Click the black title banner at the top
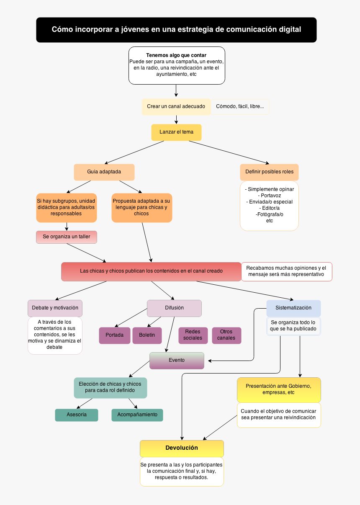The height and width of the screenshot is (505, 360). click(176, 30)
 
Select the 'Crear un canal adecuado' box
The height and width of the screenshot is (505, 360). click(176, 106)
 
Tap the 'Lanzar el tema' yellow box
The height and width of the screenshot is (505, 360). click(176, 132)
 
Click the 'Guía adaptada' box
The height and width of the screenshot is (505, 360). click(104, 172)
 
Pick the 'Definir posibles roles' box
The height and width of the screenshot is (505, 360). click(269, 172)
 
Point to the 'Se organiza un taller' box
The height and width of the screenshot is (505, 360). click(67, 237)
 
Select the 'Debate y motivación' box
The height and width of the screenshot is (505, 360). click(55, 308)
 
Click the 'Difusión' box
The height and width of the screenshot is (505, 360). click(174, 308)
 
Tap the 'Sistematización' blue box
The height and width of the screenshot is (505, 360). click(293, 308)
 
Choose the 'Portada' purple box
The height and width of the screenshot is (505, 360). click(114, 335)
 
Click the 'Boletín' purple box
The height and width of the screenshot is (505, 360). click(147, 335)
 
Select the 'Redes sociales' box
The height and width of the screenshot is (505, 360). click(193, 335)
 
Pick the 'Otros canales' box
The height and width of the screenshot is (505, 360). click(226, 335)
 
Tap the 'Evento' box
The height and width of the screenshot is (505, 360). click(177, 361)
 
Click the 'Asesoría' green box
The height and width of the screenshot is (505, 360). click(77, 415)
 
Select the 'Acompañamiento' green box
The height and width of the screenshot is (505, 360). click(137, 415)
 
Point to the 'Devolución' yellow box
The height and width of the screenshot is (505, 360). click(182, 448)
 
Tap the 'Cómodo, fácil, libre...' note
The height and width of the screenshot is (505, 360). click(240, 106)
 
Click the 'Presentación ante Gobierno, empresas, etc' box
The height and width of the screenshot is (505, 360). click(279, 389)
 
